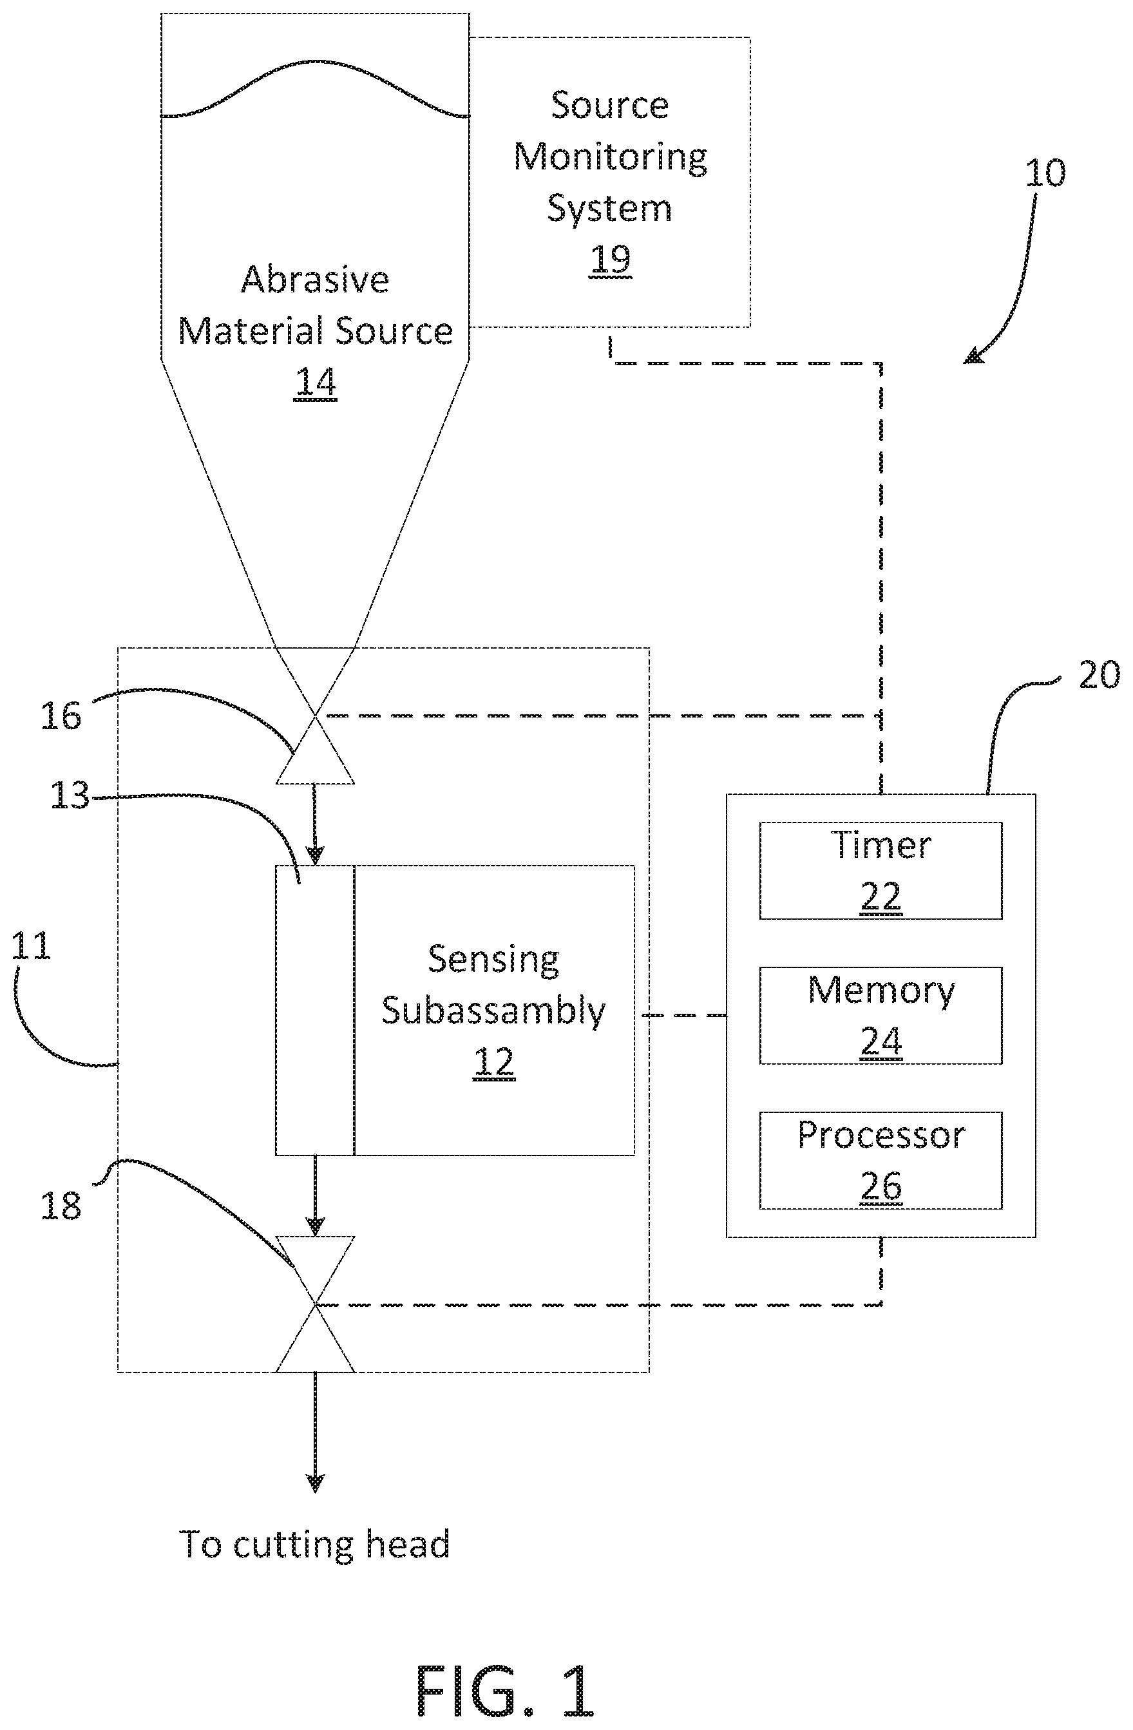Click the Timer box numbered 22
tap(881, 870)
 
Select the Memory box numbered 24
tap(881, 1016)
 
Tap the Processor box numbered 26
tap(881, 1160)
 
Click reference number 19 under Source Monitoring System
tap(611, 259)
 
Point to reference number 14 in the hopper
tap(316, 381)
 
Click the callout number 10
tap(1045, 173)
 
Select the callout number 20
tap(1099, 675)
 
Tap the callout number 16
tap(61, 716)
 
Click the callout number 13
tap(70, 795)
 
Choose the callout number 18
tap(61, 1206)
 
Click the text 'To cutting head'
tap(315, 1545)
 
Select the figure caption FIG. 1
tap(505, 1690)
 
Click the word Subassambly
tap(493, 1011)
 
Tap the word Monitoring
tap(611, 158)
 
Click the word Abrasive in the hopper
tap(316, 279)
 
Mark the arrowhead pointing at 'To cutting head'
tap(315, 1482)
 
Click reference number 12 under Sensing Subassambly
tap(494, 1062)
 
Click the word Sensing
tap(493, 960)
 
